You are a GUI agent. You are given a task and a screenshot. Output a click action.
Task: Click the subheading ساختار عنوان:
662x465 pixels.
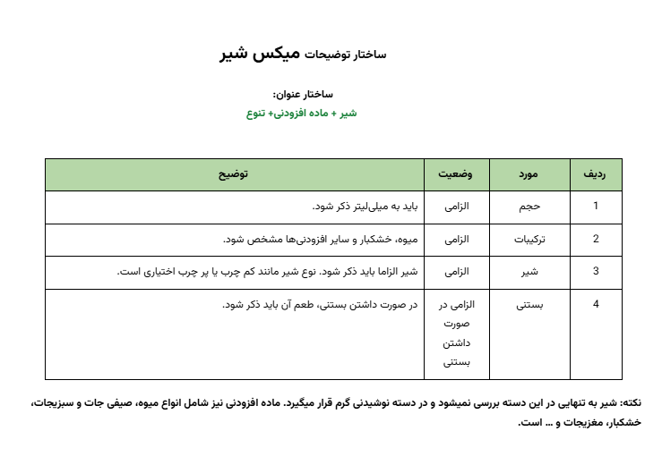click(302, 94)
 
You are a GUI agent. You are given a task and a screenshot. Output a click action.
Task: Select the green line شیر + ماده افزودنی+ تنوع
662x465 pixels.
click(302, 114)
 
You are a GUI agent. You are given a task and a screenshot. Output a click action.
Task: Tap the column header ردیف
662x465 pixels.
click(595, 175)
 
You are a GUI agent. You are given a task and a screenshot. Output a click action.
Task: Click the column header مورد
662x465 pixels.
click(529, 175)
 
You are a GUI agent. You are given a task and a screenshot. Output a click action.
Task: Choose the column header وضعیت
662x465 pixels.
click(457, 175)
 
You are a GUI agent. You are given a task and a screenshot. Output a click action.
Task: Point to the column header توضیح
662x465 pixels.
click(234, 175)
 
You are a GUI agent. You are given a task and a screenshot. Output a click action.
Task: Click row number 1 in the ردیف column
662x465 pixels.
click(595, 207)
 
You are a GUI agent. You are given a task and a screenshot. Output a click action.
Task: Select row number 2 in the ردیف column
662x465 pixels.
click(595, 239)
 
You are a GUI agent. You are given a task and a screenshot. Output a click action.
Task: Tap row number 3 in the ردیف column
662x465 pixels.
click(595, 272)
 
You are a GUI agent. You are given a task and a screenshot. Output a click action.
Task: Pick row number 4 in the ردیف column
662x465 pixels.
click(595, 305)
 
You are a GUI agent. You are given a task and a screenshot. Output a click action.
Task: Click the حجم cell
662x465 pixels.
click(529, 207)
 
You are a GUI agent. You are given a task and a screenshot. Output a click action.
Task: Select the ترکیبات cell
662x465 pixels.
click(529, 239)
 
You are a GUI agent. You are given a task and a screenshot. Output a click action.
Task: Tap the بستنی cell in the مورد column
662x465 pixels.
click(529, 305)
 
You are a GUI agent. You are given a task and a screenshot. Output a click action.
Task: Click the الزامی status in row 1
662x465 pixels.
click(457, 207)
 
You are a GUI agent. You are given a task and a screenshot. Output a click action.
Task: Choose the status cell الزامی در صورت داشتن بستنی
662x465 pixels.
click(457, 334)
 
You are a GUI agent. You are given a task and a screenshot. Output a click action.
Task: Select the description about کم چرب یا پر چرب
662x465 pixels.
click(269, 272)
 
